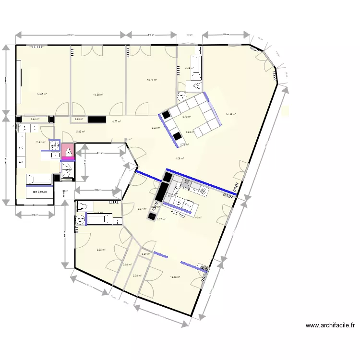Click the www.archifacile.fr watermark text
(x=330, y=325)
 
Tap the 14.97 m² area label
(x=42, y=94)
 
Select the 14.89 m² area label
(x=98, y=95)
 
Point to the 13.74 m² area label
(x=152, y=80)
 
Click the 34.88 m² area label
(x=231, y=114)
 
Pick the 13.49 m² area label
(x=175, y=277)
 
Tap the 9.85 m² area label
(x=101, y=250)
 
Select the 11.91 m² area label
(x=40, y=142)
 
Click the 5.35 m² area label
(x=80, y=132)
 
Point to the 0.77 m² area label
(x=117, y=122)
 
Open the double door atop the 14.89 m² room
(x=92, y=50)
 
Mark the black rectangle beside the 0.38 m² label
(x=96, y=119)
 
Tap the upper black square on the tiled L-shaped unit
(x=166, y=115)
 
